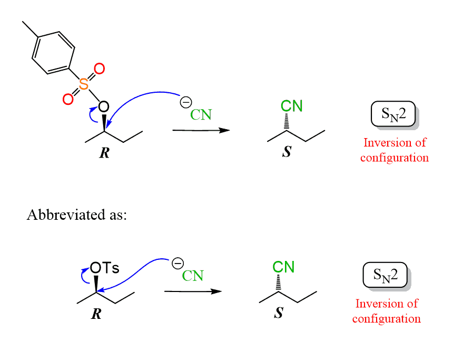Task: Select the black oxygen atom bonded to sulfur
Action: point(104,107)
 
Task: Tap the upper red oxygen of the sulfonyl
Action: point(98,69)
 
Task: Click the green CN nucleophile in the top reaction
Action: point(201,114)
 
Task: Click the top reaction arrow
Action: point(201,130)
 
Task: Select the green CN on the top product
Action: point(291,105)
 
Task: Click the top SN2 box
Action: point(393,114)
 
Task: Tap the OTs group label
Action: point(104,268)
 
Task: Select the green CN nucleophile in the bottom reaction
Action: point(193,275)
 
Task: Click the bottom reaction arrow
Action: point(192,291)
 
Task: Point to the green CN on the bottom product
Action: point(283,267)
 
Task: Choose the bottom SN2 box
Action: point(386,275)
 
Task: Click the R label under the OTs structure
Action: point(96,315)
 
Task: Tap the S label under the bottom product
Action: point(279,314)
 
